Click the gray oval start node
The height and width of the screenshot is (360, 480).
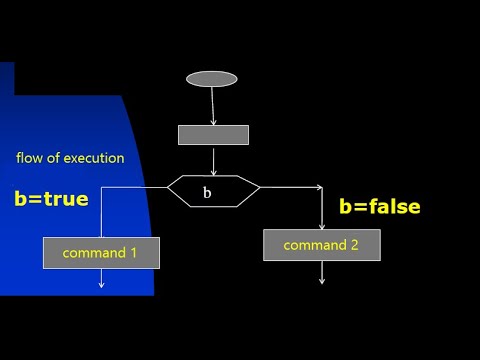coord(212,79)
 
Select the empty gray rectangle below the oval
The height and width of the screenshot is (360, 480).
coord(213,135)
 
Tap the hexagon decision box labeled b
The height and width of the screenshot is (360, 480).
coord(213,190)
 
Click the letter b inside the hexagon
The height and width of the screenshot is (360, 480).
coord(207,193)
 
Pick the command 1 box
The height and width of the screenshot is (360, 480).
coord(101,253)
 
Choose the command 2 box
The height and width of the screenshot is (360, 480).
coord(321,245)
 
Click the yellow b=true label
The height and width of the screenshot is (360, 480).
coord(51,198)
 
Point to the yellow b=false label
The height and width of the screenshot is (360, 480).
coord(380,207)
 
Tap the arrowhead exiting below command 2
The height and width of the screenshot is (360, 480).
coord(321,280)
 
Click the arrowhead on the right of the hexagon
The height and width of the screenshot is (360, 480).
coord(318,187)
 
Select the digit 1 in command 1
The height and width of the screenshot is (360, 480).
coord(134,253)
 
